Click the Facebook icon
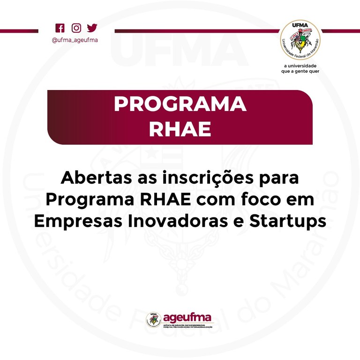(60, 28)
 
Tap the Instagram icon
(75, 28)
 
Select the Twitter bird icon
(92, 28)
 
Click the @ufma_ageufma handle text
(75, 40)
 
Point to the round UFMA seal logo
(300, 40)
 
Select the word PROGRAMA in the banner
(180, 105)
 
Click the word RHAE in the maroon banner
(180, 129)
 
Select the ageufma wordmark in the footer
(187, 317)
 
